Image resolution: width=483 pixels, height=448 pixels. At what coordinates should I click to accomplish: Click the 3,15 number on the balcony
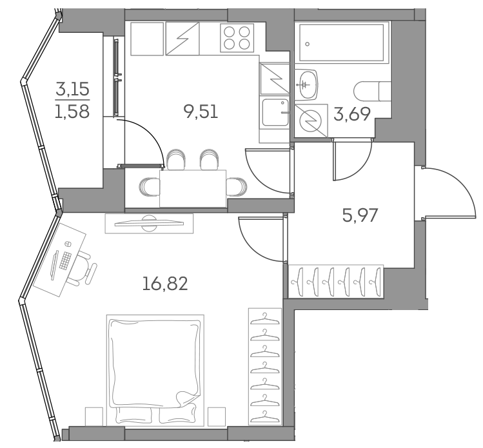coord(72,88)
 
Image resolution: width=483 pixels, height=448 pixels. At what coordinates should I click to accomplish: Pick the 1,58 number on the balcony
coord(72,110)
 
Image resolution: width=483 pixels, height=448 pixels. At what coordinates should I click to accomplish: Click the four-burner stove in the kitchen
coord(238,37)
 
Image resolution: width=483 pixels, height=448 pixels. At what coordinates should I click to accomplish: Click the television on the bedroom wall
coord(149,223)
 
